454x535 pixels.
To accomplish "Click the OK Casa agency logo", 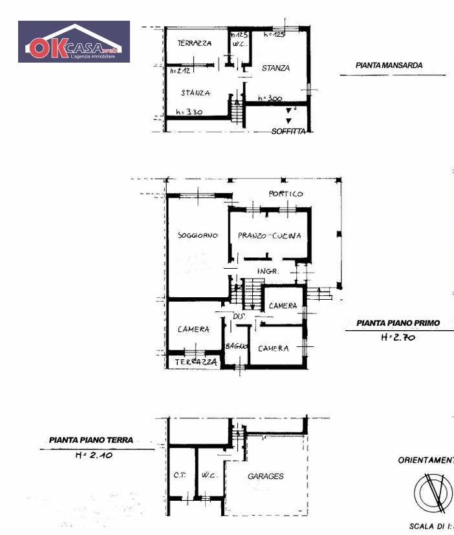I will [x=74, y=41].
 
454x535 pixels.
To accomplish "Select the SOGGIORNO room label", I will [x=197, y=235].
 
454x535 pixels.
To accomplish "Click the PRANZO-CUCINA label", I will [x=269, y=236].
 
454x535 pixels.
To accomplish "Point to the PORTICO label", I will [x=286, y=194].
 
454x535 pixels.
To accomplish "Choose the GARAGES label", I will [x=266, y=476].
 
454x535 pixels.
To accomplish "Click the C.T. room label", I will [x=180, y=477].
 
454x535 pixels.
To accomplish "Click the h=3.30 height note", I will [x=189, y=112].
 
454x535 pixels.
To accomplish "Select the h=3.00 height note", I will [x=270, y=99].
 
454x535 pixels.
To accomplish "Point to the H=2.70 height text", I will [x=396, y=337].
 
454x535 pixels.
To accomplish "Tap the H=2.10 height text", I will [x=90, y=455].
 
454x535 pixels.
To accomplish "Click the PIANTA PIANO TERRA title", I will [x=91, y=440].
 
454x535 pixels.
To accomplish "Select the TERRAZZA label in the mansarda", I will [x=194, y=43].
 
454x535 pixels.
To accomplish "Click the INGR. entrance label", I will [x=267, y=271].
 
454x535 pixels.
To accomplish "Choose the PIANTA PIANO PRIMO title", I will [x=398, y=322].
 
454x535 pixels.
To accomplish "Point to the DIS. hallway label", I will [x=237, y=316].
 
